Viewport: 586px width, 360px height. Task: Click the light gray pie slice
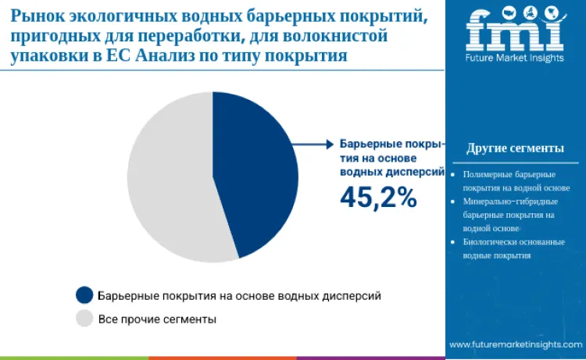(168, 180)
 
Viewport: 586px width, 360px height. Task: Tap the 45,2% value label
(378, 198)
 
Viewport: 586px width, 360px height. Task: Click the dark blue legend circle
(84, 295)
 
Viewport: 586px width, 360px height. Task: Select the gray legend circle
(84, 319)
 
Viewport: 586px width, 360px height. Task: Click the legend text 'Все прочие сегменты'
(157, 319)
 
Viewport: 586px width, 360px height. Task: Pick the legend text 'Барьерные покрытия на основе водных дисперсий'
(239, 295)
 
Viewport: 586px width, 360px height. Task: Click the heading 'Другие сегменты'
(515, 148)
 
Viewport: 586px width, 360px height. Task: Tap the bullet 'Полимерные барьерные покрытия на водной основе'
(516, 180)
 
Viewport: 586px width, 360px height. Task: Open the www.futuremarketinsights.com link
(515, 344)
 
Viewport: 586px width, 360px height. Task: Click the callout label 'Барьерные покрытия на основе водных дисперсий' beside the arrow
(391, 158)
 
